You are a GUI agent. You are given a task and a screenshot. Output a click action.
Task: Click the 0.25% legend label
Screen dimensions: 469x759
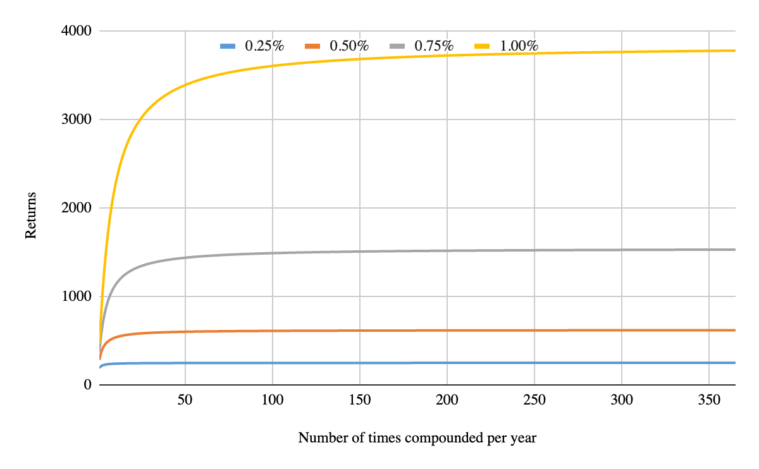pyautogui.click(x=264, y=46)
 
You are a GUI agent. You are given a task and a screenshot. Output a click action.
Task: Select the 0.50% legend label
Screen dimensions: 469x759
pyautogui.click(x=349, y=46)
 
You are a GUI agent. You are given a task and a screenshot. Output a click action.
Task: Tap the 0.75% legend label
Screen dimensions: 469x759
pyautogui.click(x=434, y=46)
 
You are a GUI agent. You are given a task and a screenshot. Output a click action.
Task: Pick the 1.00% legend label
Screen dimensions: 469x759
pyautogui.click(x=519, y=46)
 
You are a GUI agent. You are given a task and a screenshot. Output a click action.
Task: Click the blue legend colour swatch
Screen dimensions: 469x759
pyautogui.click(x=228, y=46)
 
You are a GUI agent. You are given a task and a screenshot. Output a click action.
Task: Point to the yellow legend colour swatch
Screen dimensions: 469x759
pyautogui.click(x=483, y=46)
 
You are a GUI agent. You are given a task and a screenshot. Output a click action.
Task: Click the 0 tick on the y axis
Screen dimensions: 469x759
pyautogui.click(x=87, y=385)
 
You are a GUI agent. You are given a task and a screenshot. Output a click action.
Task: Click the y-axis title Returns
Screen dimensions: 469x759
pyautogui.click(x=30, y=216)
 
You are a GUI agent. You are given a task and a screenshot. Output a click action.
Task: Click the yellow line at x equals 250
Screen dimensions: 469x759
pyautogui.click(x=534, y=53)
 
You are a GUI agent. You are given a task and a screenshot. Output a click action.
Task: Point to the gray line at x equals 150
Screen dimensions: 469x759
pyautogui.click(x=360, y=252)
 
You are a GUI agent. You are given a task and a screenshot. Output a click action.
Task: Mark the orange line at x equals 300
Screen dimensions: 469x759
pyautogui.click(x=622, y=330)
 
